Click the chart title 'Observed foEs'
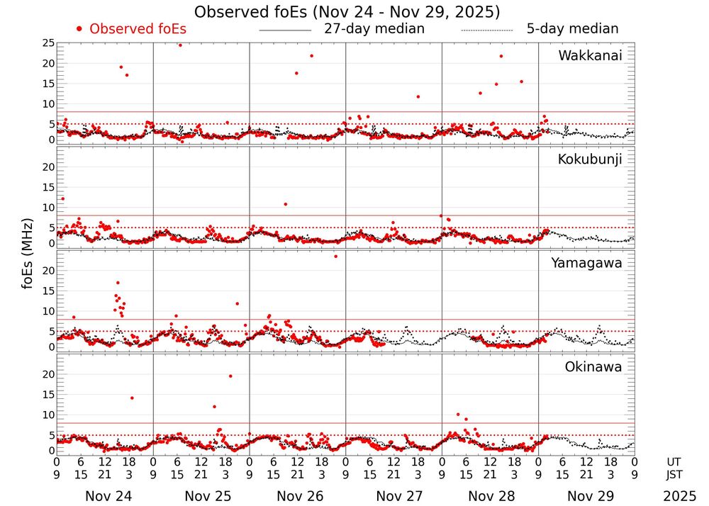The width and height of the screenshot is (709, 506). tap(347, 12)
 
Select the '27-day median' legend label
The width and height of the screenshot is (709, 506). tap(374, 29)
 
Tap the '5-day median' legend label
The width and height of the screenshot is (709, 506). tap(572, 29)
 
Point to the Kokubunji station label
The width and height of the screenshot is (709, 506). tap(590, 159)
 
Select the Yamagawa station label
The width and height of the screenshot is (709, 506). tap(587, 263)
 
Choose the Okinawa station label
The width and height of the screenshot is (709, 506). tap(593, 367)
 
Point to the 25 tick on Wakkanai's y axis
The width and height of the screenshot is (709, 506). tap(48, 43)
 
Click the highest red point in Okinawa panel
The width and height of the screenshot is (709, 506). tap(230, 376)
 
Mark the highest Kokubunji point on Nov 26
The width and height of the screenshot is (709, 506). tap(285, 204)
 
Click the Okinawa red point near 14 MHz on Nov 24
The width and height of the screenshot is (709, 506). tap(132, 398)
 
